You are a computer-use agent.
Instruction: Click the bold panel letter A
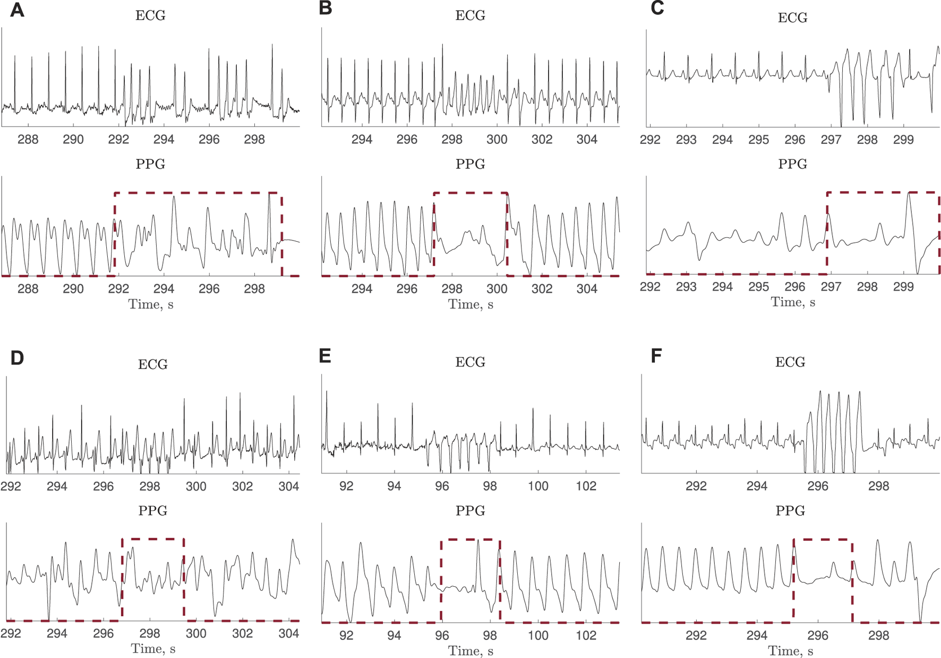click(17, 10)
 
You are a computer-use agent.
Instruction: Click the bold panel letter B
click(326, 8)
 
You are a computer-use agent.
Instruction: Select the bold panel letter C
click(657, 8)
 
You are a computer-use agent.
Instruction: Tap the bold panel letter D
click(17, 358)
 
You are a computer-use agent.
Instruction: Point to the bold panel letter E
click(325, 356)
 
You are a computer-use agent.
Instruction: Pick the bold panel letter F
click(656, 356)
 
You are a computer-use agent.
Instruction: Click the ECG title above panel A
click(150, 15)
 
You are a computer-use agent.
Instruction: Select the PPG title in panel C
click(792, 164)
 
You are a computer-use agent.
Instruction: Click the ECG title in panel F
click(790, 362)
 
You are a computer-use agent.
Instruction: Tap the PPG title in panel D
click(152, 511)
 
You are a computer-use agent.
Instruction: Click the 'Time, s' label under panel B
click(471, 304)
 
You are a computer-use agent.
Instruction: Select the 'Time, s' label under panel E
click(471, 651)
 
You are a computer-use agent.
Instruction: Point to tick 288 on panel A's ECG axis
click(28, 140)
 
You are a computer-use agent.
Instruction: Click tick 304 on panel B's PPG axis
click(587, 289)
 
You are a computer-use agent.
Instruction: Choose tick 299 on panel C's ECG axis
click(903, 140)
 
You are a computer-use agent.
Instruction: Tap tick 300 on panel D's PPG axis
click(196, 634)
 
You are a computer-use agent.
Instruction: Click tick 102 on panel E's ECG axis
click(586, 486)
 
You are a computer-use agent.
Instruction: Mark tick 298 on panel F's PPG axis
click(878, 636)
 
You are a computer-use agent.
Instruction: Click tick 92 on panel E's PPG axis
click(346, 636)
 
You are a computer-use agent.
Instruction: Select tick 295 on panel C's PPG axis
click(758, 287)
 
